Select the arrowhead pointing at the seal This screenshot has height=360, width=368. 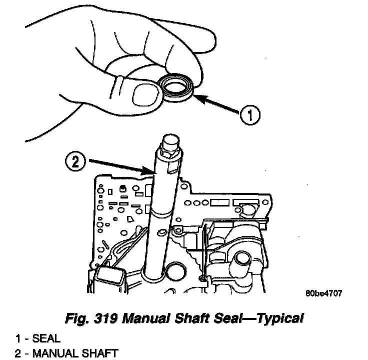196,98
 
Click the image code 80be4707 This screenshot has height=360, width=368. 323,293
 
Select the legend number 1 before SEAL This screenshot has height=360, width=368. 17,339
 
